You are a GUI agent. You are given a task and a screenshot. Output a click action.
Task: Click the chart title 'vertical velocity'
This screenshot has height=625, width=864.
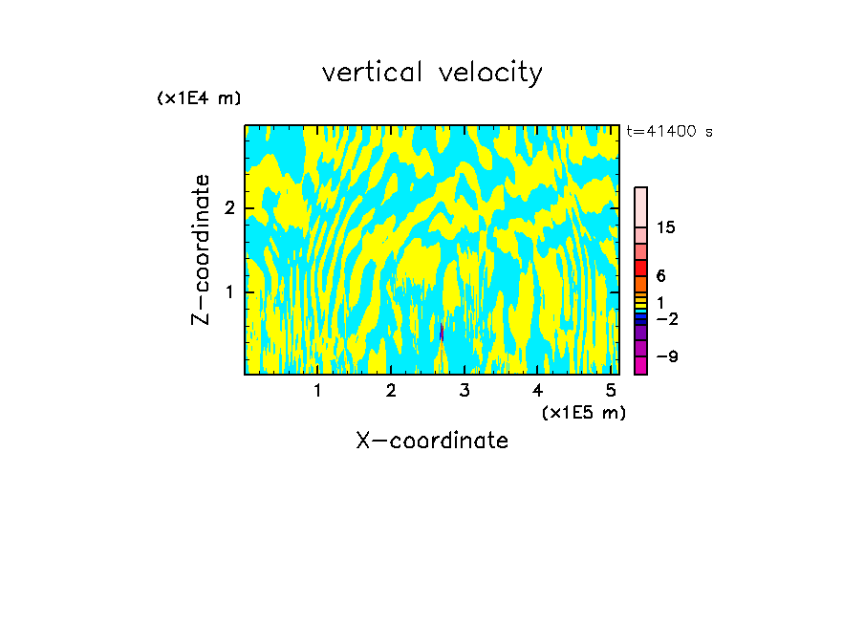click(x=432, y=73)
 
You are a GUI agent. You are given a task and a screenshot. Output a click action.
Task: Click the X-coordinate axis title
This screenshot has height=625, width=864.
click(x=432, y=441)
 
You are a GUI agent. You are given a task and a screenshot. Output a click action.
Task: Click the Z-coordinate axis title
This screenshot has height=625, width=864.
click(x=201, y=249)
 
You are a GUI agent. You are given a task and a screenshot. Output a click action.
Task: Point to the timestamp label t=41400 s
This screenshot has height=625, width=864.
click(x=669, y=132)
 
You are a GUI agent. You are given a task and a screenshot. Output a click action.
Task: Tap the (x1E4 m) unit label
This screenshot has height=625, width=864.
click(x=199, y=98)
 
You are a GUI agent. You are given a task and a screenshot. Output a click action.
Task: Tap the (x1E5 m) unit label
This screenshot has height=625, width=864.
click(x=583, y=412)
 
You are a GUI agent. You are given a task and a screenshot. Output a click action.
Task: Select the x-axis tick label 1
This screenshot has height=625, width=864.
click(x=317, y=391)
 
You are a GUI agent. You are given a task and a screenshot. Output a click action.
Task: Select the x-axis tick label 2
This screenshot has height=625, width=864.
click(x=391, y=391)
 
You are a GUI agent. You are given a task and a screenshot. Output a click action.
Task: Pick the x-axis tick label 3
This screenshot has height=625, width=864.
click(x=464, y=391)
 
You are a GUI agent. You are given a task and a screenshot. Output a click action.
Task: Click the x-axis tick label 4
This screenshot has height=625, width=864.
click(x=537, y=391)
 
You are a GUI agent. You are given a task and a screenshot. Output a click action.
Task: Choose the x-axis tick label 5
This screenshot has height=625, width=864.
click(x=611, y=391)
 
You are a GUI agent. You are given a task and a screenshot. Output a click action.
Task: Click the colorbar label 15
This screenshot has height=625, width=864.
click(x=666, y=227)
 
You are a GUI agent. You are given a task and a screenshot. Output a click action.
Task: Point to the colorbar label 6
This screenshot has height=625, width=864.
click(x=660, y=275)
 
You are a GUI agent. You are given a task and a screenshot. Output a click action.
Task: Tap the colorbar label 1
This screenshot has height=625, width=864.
click(x=660, y=302)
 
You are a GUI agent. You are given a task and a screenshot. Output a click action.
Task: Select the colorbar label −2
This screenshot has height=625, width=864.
click(x=666, y=318)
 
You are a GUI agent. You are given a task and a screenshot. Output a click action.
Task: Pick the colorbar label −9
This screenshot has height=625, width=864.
click(x=666, y=356)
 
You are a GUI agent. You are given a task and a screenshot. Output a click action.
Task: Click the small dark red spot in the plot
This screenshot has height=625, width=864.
click(x=442, y=333)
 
